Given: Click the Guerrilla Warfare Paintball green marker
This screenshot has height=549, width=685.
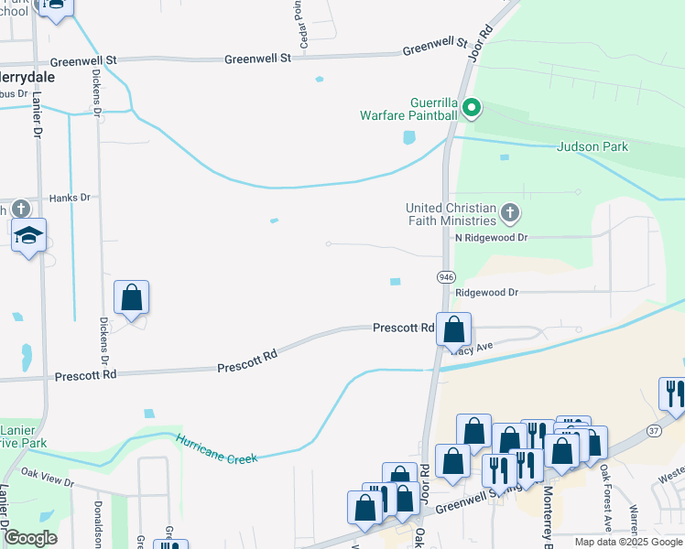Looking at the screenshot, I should click(x=472, y=109).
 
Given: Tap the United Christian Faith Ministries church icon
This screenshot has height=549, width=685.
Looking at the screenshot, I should click(x=511, y=214).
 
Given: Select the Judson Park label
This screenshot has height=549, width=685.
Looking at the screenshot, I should click(x=593, y=146).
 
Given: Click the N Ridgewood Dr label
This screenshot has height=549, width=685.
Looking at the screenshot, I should click(x=492, y=237).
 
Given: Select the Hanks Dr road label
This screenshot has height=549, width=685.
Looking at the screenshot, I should click(x=70, y=197).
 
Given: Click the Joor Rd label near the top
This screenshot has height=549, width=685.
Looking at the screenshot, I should click(x=480, y=37).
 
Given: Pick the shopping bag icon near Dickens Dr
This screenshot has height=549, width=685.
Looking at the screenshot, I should click(x=132, y=298).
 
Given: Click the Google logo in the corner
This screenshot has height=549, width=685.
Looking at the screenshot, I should click(x=30, y=538).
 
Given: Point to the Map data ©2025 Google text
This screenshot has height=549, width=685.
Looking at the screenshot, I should click(x=628, y=542).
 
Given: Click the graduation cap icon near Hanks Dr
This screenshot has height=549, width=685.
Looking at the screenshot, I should click(x=29, y=237).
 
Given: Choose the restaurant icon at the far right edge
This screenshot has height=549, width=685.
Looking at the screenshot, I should click(x=673, y=394).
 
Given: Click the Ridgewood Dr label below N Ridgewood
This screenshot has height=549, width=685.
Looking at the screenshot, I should click(x=487, y=293).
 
